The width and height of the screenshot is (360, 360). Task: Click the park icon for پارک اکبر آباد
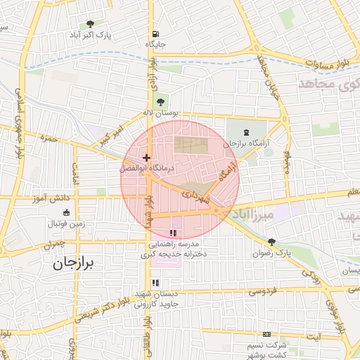tap(89, 24)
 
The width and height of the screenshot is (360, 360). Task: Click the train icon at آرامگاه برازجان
tap(246, 131)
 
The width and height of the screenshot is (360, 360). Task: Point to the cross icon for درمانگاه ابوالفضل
tap(146, 157)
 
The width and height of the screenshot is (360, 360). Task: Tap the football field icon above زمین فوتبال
tap(66, 213)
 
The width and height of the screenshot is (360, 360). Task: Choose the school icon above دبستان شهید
tap(156, 283)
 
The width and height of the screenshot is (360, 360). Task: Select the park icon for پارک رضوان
tap(272, 241)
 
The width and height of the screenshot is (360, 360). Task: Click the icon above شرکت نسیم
tap(266, 334)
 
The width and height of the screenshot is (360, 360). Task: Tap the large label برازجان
tap(74, 264)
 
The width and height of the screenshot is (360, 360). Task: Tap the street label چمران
tap(52, 245)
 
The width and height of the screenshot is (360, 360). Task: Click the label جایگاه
tap(155, 44)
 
